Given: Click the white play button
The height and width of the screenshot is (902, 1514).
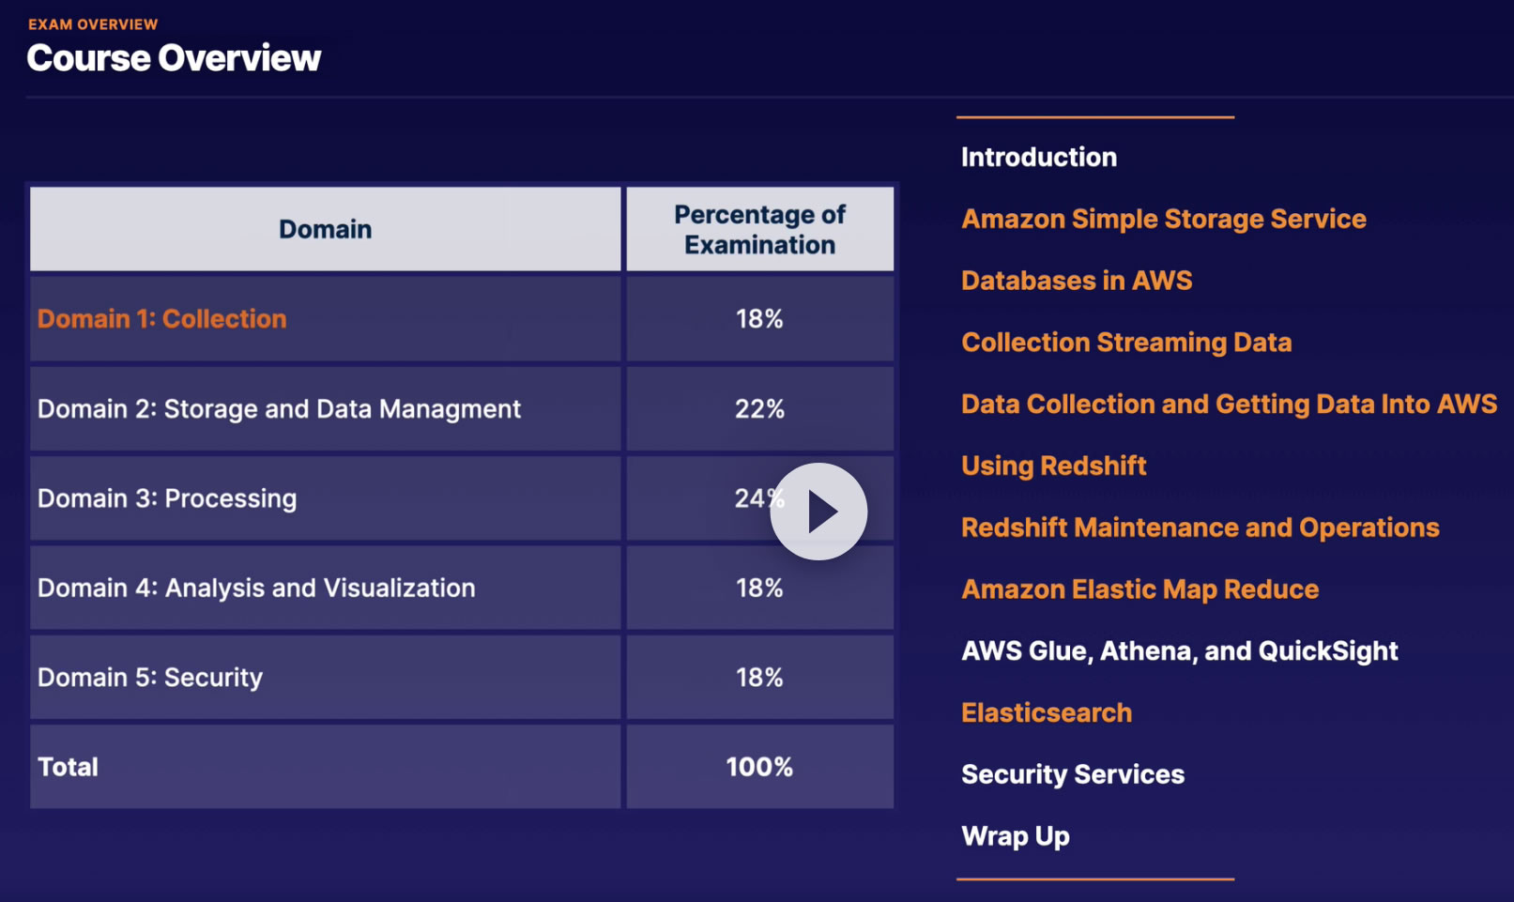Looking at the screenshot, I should pos(818,512).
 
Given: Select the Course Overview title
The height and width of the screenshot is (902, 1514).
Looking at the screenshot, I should pos(174,58).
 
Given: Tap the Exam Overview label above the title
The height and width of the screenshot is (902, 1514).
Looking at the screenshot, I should pos(93,24).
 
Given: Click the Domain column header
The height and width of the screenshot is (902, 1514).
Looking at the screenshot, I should pos(325,229).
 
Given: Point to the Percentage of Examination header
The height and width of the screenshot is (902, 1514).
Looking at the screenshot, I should pos(759,229).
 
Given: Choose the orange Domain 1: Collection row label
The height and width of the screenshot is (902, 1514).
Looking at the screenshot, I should pos(161,319).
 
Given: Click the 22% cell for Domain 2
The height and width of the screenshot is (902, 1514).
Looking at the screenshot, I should pos(759,409).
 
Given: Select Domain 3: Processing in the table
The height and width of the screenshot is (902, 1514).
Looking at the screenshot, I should pos(167,498).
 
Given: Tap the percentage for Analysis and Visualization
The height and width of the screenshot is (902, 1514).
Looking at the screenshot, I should pos(759,589).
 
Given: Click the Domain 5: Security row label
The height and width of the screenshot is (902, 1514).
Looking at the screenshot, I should pos(150,678).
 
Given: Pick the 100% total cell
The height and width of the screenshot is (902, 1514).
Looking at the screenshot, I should pos(759,767).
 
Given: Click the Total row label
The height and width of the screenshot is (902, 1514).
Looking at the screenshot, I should pos(68,767).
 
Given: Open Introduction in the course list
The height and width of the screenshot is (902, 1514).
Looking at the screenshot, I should pos(1039,157).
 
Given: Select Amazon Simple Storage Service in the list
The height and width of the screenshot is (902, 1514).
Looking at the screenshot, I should pos(1164,219).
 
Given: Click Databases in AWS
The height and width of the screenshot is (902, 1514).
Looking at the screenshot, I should pos(1077,281).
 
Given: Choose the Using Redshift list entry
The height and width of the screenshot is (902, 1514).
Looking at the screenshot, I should pos(1054,466).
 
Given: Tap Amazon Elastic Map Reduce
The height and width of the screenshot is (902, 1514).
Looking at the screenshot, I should pos(1140,589).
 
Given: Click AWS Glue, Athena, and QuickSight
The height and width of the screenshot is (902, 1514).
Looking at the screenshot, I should pos(1180,651).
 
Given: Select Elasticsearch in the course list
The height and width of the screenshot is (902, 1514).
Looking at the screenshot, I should pos(1047,713).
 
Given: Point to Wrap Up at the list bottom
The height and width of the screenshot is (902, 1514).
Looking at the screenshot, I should pos(1016,836).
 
